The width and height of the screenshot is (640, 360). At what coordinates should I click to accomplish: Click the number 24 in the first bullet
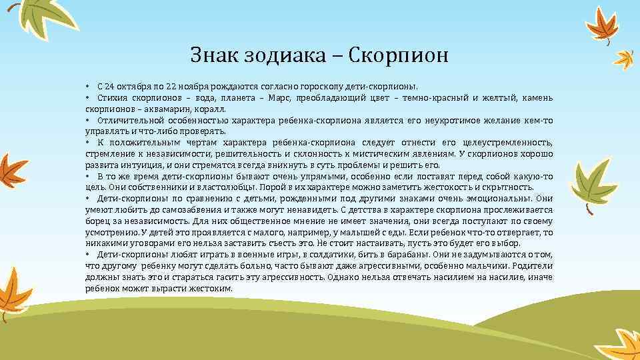pyautogui.click(x=110, y=87)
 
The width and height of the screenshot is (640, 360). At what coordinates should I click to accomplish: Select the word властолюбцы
pyautogui.click(x=180, y=187)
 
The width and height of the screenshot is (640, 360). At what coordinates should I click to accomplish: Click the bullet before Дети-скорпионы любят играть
pyautogui.click(x=88, y=254)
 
